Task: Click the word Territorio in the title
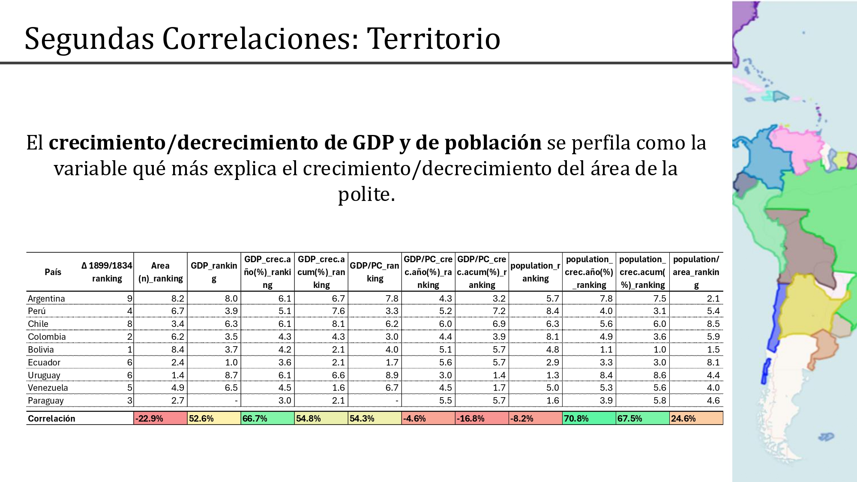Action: (x=434, y=39)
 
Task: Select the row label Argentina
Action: (x=46, y=298)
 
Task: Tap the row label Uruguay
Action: (x=44, y=375)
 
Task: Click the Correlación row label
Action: (x=51, y=418)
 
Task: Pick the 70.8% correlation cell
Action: (x=589, y=418)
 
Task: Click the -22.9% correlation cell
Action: (x=161, y=418)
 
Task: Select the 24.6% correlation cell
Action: (x=696, y=418)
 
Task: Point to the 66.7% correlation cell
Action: (x=268, y=418)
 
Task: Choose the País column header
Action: (x=53, y=272)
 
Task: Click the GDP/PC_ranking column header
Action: (x=375, y=272)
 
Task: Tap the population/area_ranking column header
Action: (x=696, y=272)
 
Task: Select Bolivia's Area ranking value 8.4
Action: (x=178, y=350)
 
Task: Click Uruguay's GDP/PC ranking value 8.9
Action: (x=392, y=375)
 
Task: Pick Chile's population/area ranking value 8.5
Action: (x=713, y=324)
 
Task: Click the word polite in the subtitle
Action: (x=366, y=194)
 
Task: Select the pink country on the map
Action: (x=797, y=146)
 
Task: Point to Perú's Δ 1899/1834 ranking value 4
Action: (x=129, y=311)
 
